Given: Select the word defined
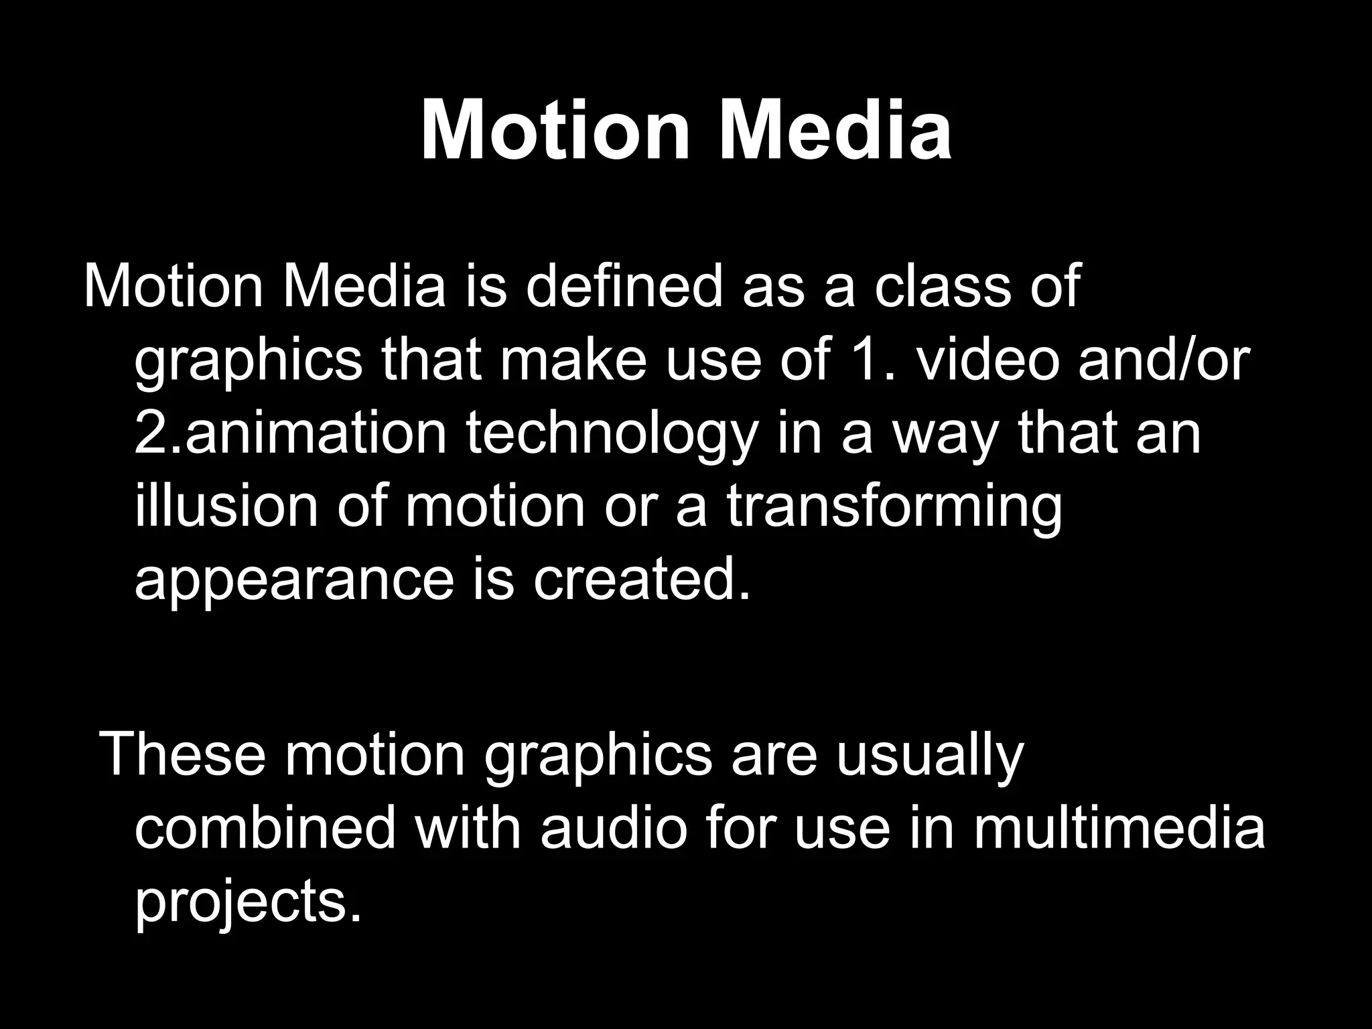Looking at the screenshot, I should [x=624, y=287].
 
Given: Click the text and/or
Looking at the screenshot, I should [x=1164, y=360].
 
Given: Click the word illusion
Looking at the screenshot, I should [x=226, y=506].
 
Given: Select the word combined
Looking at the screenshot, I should [x=265, y=829].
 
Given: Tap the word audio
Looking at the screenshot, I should [x=614, y=829].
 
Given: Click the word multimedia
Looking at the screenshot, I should [x=1118, y=829].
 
